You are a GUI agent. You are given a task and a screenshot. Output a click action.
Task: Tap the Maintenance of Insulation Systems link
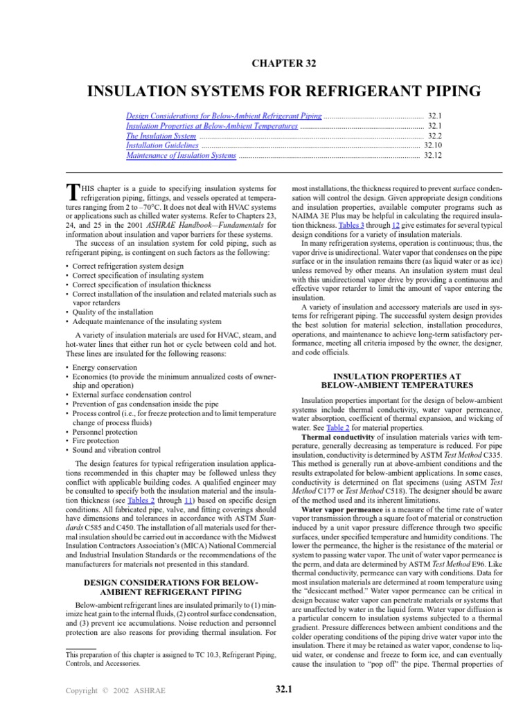coord(181,156)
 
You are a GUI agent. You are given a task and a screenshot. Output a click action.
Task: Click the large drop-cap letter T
coord(71,192)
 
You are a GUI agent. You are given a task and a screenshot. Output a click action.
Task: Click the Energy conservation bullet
coord(104,368)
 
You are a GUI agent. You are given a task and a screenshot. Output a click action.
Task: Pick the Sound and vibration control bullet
coord(116,449)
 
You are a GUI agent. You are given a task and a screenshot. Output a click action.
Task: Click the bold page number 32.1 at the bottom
coord(283,690)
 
